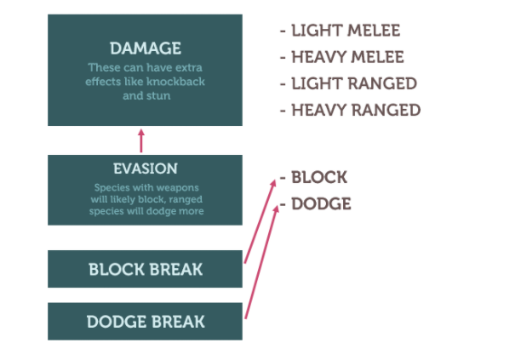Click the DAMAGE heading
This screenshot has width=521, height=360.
pos(146,49)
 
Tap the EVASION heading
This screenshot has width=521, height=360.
pos(146,169)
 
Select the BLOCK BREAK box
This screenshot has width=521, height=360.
pos(146,269)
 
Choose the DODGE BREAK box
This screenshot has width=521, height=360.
pos(146,322)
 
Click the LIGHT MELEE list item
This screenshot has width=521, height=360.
pos(346,31)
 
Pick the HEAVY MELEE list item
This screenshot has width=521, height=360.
pos(347,57)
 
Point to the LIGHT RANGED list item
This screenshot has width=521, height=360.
pos(354,83)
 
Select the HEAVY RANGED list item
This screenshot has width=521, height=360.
pos(356,111)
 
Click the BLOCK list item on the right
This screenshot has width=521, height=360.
pos(319,177)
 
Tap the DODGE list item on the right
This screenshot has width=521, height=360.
pos(321,204)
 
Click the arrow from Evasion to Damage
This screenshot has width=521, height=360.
pos(141,140)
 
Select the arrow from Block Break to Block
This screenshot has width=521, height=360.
pos(260,221)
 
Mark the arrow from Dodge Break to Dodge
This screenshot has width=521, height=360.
pos(262,262)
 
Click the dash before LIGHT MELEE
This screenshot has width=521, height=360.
pos(283,31)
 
